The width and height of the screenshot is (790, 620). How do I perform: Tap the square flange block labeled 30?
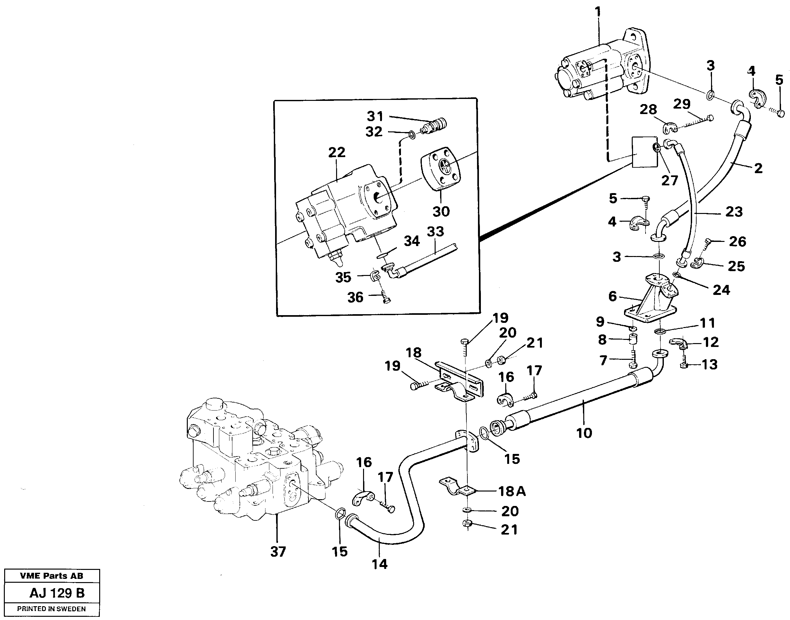tap(441, 171)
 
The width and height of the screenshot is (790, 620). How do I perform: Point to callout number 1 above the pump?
tap(597, 12)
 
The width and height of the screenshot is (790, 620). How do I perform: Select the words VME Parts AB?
tap(51, 576)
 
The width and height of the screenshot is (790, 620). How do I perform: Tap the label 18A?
tap(511, 492)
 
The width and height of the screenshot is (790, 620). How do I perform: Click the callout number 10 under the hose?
tap(584, 433)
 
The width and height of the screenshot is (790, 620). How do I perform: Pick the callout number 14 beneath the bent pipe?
tap(379, 564)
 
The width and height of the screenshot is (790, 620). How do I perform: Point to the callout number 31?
tap(375, 117)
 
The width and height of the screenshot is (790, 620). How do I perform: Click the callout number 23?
tap(734, 212)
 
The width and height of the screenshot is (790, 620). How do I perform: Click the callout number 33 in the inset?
tap(435, 231)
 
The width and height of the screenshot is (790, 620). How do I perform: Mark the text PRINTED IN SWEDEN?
tap(51, 609)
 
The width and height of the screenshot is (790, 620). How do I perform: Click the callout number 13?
tap(709, 364)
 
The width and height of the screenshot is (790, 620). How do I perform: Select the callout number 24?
tap(721, 290)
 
